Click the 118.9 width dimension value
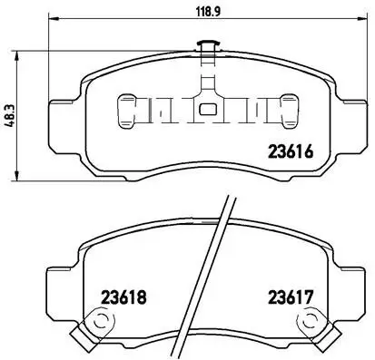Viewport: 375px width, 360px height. point(209,12)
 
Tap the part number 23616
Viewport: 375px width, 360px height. point(291,151)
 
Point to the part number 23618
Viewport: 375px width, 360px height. point(123,297)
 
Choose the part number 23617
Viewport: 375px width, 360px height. point(290,297)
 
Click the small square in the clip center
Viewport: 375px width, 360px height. point(208,110)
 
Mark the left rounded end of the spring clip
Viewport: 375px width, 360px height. point(127,111)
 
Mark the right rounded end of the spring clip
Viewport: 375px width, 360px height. point(290,111)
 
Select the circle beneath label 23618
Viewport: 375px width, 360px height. point(100,320)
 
